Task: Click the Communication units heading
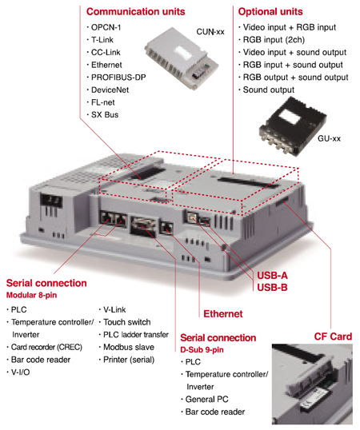[x=135, y=11]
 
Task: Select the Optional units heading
[x=270, y=11]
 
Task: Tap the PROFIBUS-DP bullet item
[x=118, y=78]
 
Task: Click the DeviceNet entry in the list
[x=110, y=90]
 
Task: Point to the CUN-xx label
[x=210, y=32]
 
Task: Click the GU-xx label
[x=329, y=138]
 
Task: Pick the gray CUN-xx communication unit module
[x=182, y=58]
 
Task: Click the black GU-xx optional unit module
[x=293, y=127]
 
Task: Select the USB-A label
[x=272, y=275]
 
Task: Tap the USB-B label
[x=272, y=288]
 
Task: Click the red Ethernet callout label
[x=223, y=314]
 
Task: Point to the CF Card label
[x=333, y=336]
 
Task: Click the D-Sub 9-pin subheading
[x=202, y=349]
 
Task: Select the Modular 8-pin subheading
[x=31, y=295]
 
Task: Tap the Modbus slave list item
[x=129, y=347]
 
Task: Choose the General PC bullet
[x=206, y=400]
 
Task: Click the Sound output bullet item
[x=268, y=90]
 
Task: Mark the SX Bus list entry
[x=105, y=114]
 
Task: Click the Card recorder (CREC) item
[x=46, y=347]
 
